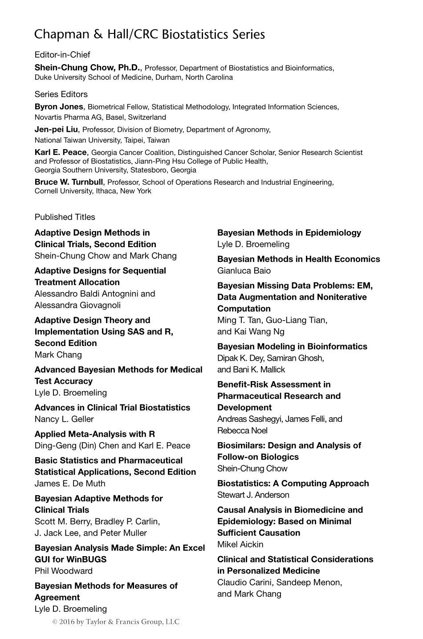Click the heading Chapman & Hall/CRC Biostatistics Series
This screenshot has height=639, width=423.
(x=150, y=34)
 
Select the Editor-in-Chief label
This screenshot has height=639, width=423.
(x=62, y=55)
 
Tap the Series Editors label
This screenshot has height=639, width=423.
(x=61, y=94)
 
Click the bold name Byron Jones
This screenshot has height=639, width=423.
(x=59, y=107)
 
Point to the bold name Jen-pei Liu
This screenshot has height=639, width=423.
(x=57, y=130)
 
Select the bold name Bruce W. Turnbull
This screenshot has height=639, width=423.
(x=69, y=182)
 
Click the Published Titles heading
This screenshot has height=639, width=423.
(x=65, y=217)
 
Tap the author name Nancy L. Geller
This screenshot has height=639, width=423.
(x=64, y=419)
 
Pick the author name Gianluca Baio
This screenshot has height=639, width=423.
(x=244, y=271)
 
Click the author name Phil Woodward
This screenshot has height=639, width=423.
(x=64, y=571)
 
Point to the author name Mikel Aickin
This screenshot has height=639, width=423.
(x=240, y=544)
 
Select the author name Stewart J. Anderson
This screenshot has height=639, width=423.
(x=253, y=495)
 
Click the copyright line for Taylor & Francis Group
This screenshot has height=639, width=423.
(x=116, y=622)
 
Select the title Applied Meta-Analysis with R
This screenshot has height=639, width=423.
(x=95, y=434)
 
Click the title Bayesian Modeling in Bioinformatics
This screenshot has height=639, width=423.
(x=292, y=346)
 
